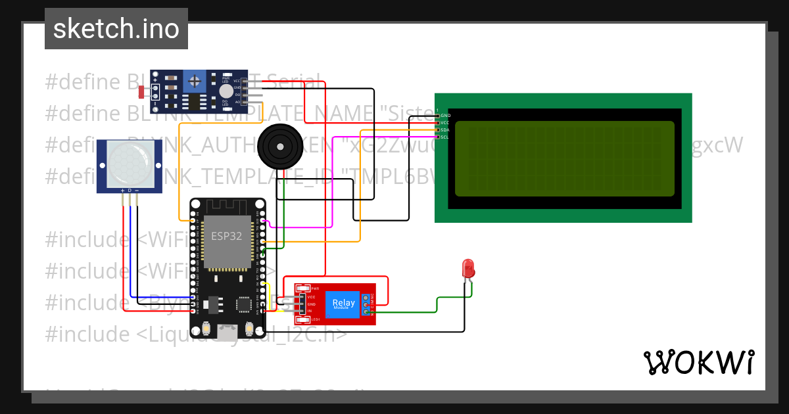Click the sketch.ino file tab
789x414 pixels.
tap(116, 29)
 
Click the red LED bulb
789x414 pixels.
tap(468, 268)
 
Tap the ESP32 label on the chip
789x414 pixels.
tap(226, 236)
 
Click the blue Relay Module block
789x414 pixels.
tap(344, 303)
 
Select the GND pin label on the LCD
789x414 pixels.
tap(446, 116)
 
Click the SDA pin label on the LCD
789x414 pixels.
tap(445, 130)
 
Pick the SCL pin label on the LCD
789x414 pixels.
tap(445, 137)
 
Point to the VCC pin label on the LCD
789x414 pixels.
tap(445, 123)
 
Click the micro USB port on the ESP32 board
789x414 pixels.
tap(227, 333)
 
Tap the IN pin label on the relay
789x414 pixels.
tap(310, 311)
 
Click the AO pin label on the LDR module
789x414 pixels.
tap(237, 103)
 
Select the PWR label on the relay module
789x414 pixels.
tap(315, 288)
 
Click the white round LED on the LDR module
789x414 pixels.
tap(226, 91)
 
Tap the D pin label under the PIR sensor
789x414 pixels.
tap(130, 190)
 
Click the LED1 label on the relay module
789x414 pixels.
tap(315, 319)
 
